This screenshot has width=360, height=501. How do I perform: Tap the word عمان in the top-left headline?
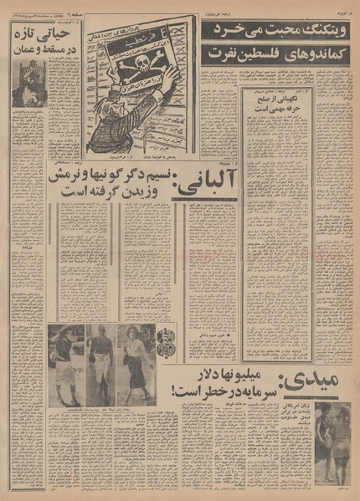point(32,49)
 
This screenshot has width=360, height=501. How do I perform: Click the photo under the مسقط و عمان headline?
point(30,83)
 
